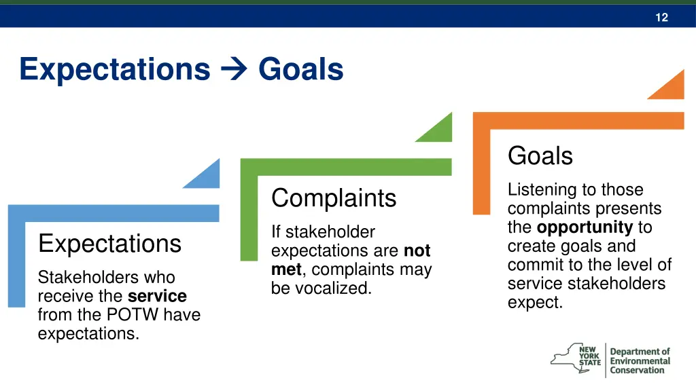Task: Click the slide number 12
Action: coord(661,18)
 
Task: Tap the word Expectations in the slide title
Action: coord(115,69)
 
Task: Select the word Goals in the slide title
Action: coord(300,69)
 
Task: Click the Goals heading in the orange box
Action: coord(540,156)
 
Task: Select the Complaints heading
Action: coord(334,198)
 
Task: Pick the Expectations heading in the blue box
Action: coord(109,243)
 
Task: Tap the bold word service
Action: coord(157,297)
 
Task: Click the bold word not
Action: coord(417,251)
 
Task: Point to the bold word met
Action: coord(285,269)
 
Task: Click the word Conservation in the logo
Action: coord(637,371)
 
